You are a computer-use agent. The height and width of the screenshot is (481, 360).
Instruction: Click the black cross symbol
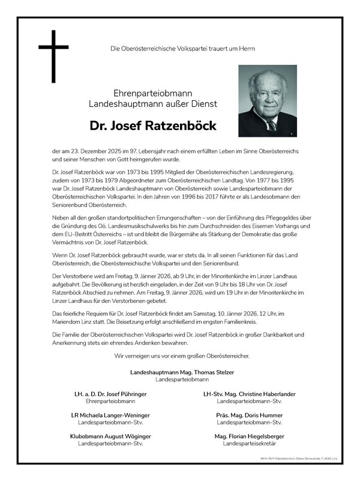[53, 56]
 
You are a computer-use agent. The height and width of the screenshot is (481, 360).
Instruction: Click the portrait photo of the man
[267, 101]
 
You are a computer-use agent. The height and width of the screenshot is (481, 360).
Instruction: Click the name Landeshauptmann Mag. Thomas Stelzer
[182, 372]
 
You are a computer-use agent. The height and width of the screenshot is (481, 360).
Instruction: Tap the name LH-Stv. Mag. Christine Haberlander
[250, 394]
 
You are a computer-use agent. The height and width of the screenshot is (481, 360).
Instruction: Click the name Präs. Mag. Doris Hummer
[250, 415]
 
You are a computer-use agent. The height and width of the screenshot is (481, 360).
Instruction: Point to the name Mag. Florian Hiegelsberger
[249, 436]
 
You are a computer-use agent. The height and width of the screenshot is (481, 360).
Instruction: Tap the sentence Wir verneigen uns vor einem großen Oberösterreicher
[182, 356]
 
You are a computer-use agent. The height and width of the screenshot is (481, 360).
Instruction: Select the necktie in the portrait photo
[271, 125]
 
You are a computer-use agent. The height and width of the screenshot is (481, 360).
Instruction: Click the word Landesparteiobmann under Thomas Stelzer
[182, 380]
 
